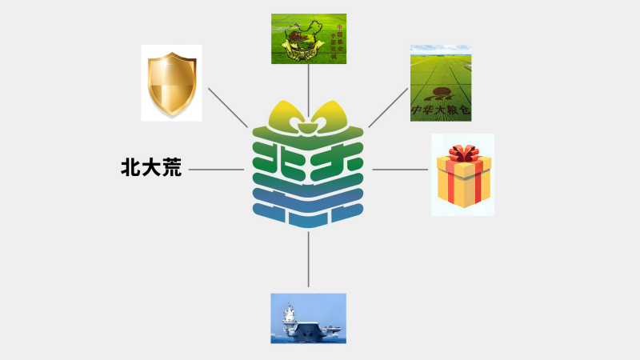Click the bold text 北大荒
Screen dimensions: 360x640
[150, 169]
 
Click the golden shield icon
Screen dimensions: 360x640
[171, 82]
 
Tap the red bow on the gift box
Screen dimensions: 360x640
[463, 152]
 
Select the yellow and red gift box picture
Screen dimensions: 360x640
[462, 174]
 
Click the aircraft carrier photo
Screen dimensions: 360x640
[308, 318]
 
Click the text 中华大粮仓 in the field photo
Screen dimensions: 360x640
[440, 108]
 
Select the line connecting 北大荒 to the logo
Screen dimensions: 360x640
[216, 170]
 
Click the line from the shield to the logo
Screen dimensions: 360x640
[228, 106]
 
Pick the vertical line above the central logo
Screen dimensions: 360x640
[308, 84]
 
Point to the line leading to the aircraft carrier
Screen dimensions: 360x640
[308, 260]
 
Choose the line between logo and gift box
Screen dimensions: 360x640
[400, 170]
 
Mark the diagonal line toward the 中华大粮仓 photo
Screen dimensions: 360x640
[389, 106]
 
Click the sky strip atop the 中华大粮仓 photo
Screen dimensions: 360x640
[441, 49]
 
